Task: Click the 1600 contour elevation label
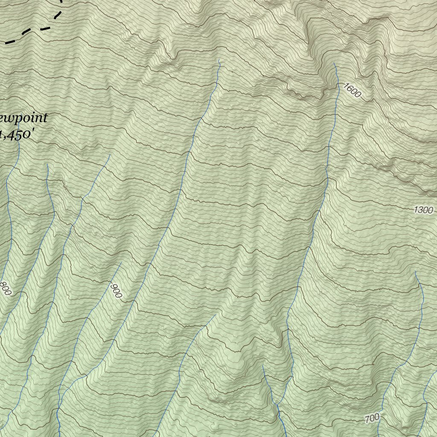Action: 351,90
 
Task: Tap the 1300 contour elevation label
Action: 423,210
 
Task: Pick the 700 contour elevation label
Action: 372,418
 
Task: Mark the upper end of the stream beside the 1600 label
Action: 334,64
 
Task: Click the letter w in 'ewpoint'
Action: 9,118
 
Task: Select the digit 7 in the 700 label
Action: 368,420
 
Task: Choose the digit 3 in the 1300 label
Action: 420,210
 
